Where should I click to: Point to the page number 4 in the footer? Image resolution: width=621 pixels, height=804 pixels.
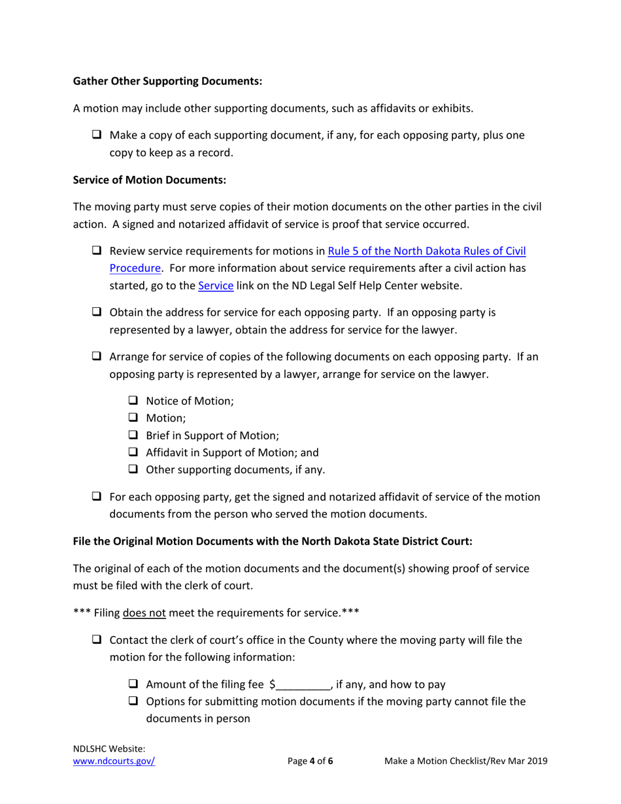[x=312, y=761]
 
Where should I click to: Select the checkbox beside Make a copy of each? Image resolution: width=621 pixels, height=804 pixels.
[x=97, y=135]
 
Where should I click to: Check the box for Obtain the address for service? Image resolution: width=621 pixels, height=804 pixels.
[x=97, y=312]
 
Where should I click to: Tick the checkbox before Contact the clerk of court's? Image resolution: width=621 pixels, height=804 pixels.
[x=97, y=640]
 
